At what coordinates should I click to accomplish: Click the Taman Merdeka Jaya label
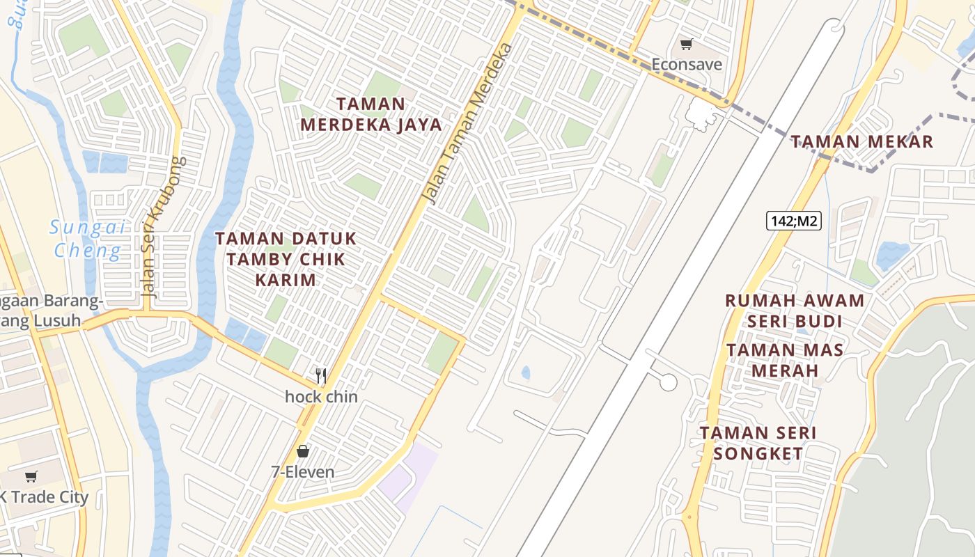click(x=371, y=114)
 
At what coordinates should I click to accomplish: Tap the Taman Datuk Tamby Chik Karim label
click(x=286, y=259)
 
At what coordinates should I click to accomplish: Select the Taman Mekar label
click(x=861, y=142)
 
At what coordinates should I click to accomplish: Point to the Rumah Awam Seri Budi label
click(x=795, y=311)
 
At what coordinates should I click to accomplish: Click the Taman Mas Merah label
click(x=785, y=360)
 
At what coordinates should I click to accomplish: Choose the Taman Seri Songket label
click(x=758, y=444)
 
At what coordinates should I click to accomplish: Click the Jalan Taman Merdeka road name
click(x=469, y=124)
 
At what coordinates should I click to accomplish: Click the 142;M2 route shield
click(x=794, y=221)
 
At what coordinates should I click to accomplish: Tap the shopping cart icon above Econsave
click(x=686, y=45)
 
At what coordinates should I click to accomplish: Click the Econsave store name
click(x=687, y=65)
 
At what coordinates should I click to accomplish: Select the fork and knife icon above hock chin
click(x=321, y=376)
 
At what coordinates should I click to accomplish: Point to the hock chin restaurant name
click(x=321, y=397)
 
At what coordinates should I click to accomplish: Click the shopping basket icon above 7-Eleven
click(x=302, y=451)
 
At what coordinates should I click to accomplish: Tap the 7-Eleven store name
click(x=302, y=472)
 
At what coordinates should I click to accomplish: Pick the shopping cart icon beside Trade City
click(x=31, y=477)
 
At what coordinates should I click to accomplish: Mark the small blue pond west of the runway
click(x=526, y=372)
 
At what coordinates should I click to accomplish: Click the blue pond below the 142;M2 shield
click(x=892, y=254)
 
